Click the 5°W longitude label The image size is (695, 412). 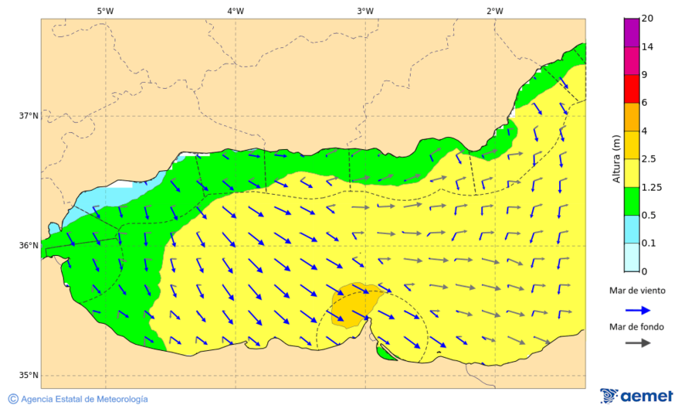[x=106, y=11]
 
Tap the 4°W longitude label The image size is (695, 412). [x=236, y=11]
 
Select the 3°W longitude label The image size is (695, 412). [x=365, y=11]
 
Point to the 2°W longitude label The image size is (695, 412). [x=495, y=11]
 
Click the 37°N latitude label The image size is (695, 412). [x=29, y=116]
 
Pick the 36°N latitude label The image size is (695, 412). [x=29, y=246]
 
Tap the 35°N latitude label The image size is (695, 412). [x=29, y=376]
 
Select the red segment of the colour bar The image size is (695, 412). [x=632, y=88]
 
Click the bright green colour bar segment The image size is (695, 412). [x=632, y=201]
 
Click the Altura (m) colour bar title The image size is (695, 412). [x=615, y=158]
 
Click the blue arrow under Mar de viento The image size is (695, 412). [x=636, y=309]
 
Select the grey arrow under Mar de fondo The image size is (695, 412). [x=636, y=343]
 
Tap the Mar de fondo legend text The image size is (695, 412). [x=636, y=327]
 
